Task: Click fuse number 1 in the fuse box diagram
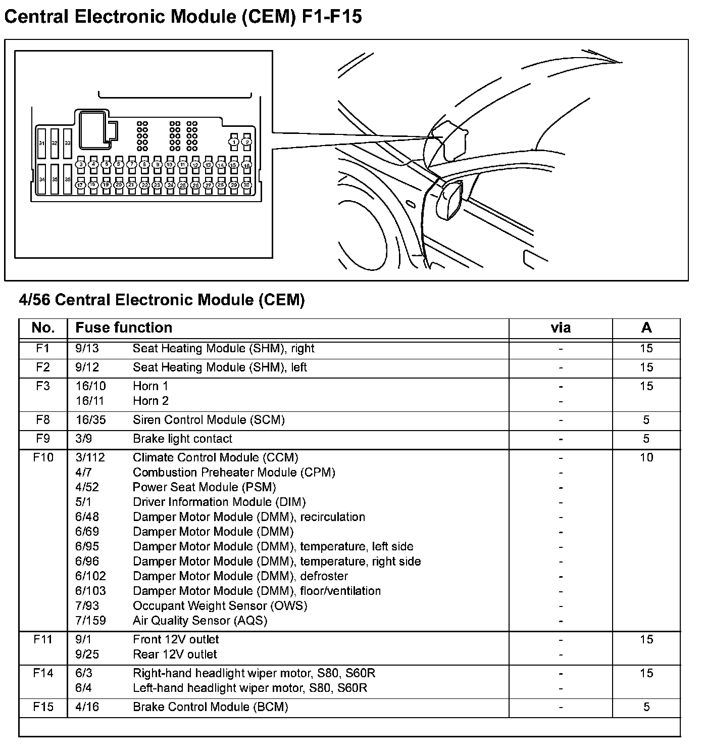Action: [x=234, y=142]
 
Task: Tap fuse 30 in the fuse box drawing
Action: [x=246, y=185]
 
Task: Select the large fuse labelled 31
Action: [x=42, y=144]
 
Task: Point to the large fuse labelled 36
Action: [x=68, y=179]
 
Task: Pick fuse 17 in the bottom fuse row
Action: [x=80, y=185]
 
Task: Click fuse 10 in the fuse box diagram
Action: [x=170, y=165]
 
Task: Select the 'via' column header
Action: [x=561, y=328]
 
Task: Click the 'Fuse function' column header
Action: [x=124, y=327]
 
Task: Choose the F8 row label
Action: [x=43, y=420]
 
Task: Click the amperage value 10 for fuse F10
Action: [x=646, y=457]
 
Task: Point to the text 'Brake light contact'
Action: [x=182, y=439]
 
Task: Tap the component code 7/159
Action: [x=91, y=621]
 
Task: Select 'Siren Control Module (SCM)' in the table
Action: [x=209, y=420]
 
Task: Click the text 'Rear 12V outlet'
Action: [x=175, y=654]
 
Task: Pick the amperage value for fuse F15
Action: [x=646, y=707]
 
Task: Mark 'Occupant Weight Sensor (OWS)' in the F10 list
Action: [x=220, y=605]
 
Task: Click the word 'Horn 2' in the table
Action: [x=150, y=401]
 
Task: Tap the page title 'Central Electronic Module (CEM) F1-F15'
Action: [x=183, y=17]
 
